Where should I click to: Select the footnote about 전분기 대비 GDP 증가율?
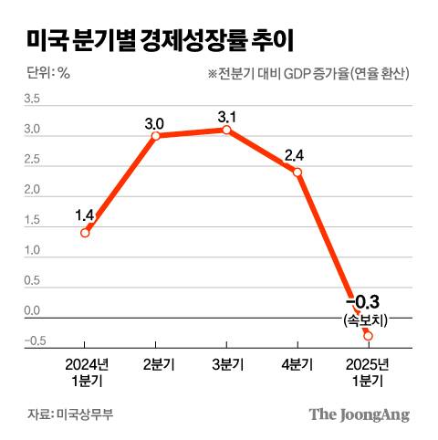308,74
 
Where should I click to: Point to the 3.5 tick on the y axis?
31,100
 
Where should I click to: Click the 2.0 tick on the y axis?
31,191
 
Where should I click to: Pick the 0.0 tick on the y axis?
31,311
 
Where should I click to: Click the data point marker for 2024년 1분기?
85,233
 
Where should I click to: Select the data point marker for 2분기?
155,136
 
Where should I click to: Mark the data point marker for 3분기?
226,130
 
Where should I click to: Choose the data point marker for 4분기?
297,172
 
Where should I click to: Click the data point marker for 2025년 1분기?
368,336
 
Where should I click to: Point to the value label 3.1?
226,114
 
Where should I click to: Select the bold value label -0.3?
364,302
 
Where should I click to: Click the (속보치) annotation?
367,320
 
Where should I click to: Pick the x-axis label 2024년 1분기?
85,372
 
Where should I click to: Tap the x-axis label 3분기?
226,364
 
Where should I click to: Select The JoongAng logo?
359,414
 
